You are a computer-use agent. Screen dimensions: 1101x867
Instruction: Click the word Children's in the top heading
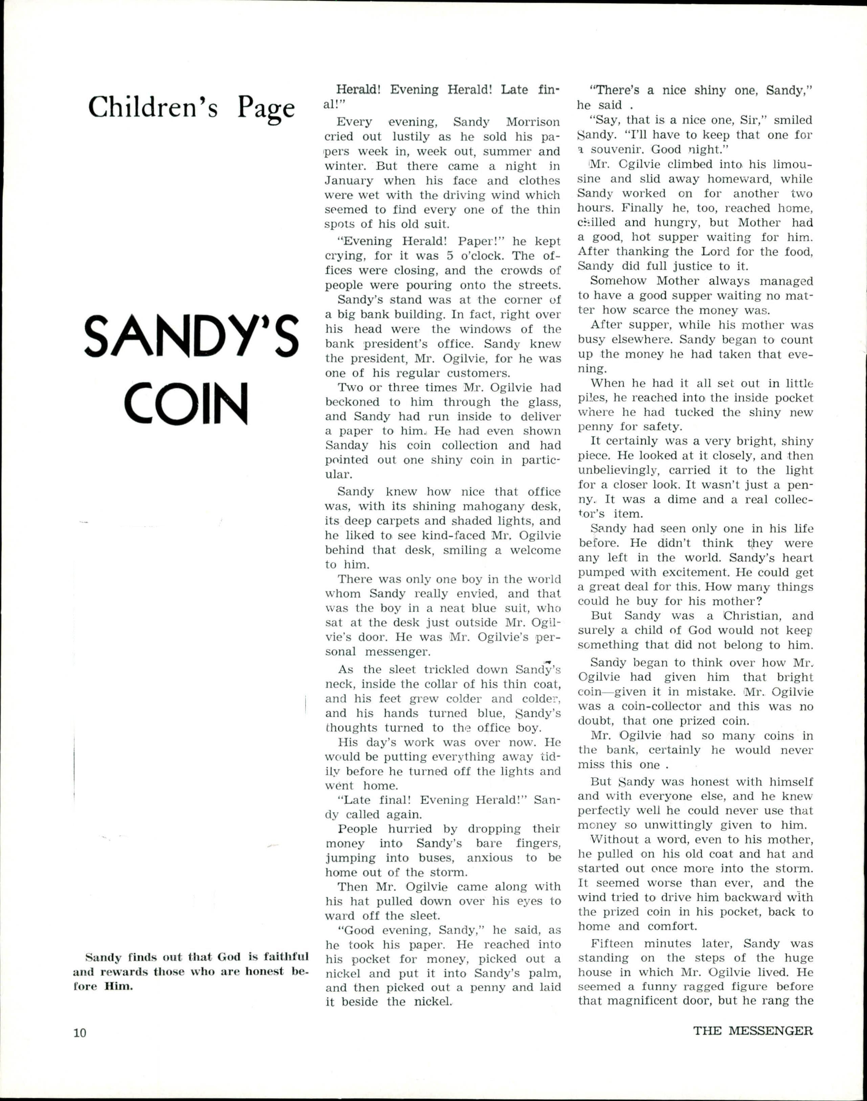(x=153, y=108)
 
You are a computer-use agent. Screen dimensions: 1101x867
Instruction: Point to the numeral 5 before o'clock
(x=450, y=256)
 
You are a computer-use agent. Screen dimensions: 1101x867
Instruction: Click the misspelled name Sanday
(x=347, y=446)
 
